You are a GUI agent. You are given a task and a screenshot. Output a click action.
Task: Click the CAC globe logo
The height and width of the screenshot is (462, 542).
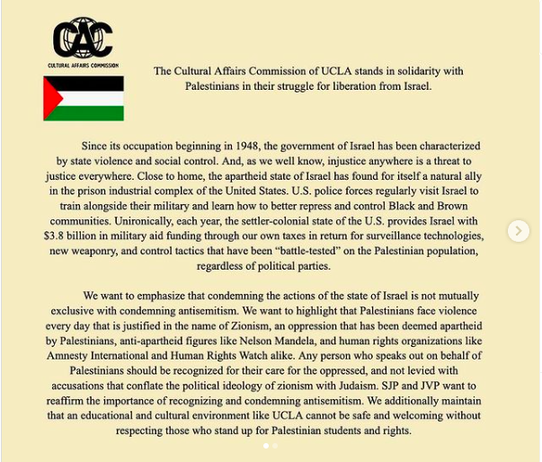point(83,39)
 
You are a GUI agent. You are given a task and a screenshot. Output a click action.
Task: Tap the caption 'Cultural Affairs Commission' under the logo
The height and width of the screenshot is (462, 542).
point(83,66)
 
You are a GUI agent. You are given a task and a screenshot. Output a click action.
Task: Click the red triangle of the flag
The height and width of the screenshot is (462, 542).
point(52,99)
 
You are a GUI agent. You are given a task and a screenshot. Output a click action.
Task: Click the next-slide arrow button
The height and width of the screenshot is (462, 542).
point(518,231)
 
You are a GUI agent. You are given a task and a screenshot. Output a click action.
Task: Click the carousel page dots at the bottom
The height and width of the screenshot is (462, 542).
point(270,446)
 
